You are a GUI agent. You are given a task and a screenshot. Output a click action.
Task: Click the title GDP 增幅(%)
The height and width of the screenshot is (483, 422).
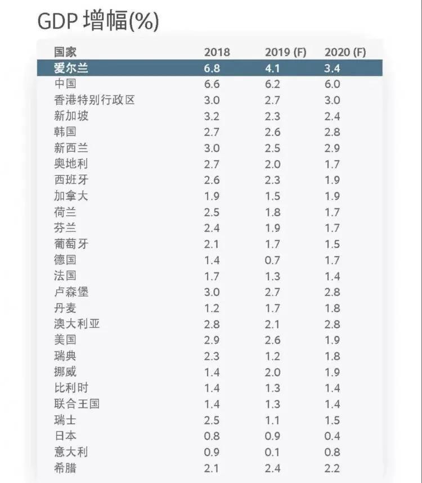[x=98, y=22]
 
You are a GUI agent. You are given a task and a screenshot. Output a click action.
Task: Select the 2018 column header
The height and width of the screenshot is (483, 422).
[x=217, y=52]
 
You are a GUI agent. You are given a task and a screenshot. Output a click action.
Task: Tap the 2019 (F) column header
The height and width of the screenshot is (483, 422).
[x=285, y=52]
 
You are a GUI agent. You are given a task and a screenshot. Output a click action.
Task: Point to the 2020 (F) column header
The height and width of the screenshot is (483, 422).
[x=345, y=52]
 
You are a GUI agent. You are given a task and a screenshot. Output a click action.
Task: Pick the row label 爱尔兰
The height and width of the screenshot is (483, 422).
[x=71, y=69]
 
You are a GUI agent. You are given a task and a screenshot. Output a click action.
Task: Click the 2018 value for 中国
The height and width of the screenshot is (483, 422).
[x=212, y=84]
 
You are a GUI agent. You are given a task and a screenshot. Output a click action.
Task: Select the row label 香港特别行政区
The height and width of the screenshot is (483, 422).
[x=95, y=101]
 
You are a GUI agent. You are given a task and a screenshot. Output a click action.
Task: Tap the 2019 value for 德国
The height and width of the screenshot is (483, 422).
[x=272, y=261]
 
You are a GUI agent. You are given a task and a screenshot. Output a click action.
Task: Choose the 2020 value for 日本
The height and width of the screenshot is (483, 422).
[x=332, y=436]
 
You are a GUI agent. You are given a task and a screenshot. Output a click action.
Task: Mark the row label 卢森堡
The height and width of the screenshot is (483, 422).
[x=71, y=292]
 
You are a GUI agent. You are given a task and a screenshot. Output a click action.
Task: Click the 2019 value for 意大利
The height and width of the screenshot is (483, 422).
[x=272, y=452]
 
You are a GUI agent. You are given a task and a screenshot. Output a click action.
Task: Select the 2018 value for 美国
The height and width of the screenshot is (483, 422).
[x=212, y=340]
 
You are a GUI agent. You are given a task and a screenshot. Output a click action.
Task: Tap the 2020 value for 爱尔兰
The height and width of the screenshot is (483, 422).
[x=332, y=69]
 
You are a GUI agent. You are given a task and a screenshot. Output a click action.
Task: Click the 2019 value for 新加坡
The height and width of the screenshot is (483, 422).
[x=272, y=116]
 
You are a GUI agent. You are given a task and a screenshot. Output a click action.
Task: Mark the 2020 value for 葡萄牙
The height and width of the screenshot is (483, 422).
[x=332, y=244]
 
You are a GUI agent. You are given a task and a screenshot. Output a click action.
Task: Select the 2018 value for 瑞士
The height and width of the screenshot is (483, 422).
[x=212, y=420]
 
